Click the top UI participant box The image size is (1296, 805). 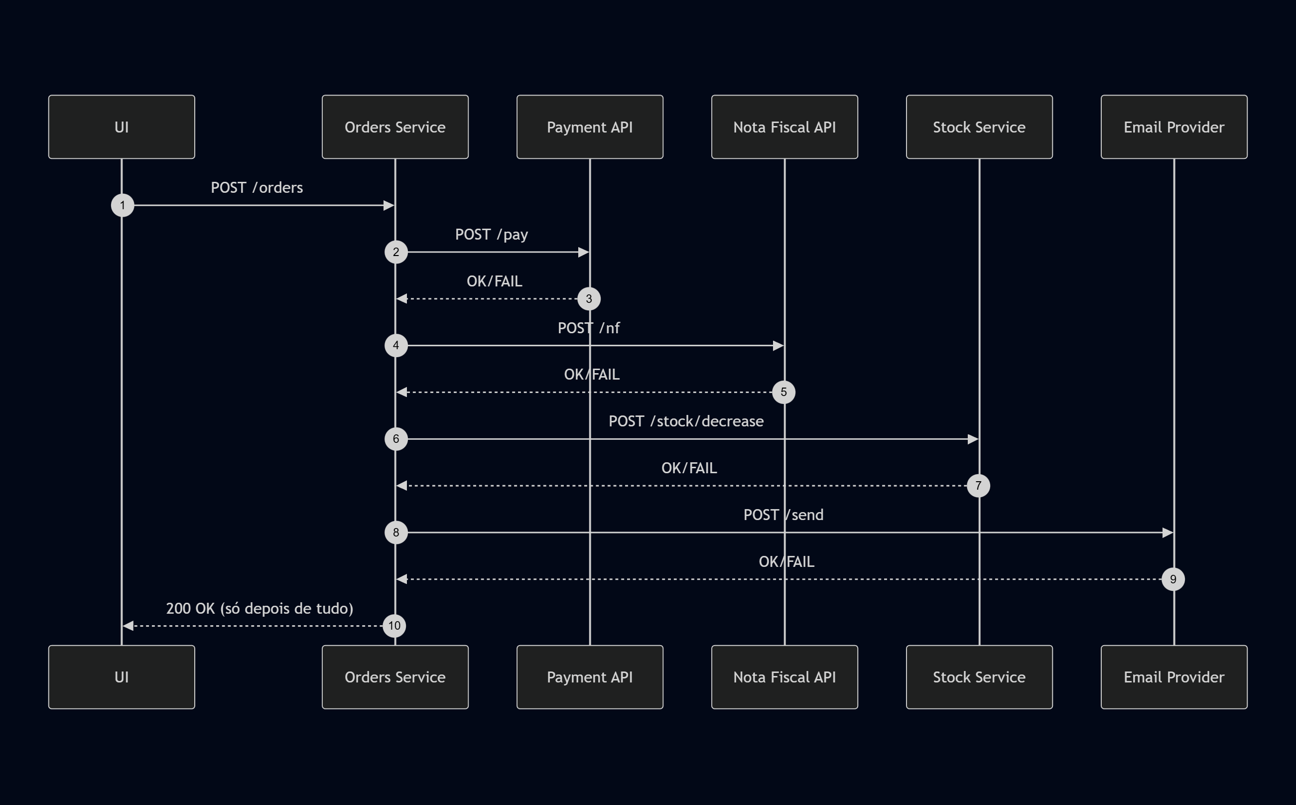click(122, 127)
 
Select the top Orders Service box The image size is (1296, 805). click(395, 127)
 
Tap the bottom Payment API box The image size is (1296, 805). click(590, 676)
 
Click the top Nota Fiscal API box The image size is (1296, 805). click(784, 127)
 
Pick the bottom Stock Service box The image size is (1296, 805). click(979, 676)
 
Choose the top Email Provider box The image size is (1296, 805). click(1173, 127)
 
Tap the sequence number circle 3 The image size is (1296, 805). click(589, 299)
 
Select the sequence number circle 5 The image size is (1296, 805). click(783, 393)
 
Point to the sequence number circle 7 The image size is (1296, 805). click(978, 486)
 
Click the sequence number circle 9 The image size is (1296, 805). click(1173, 579)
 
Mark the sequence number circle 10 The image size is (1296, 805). click(394, 626)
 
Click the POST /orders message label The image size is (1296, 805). click(257, 187)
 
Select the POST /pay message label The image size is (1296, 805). click(491, 234)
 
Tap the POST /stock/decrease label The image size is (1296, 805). click(686, 421)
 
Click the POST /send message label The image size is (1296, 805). click(783, 515)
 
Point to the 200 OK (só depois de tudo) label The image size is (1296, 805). click(259, 609)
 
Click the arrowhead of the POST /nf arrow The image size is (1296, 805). click(778, 346)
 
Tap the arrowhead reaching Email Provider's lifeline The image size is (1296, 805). click(1167, 533)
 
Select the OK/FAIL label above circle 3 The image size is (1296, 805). click(495, 281)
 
